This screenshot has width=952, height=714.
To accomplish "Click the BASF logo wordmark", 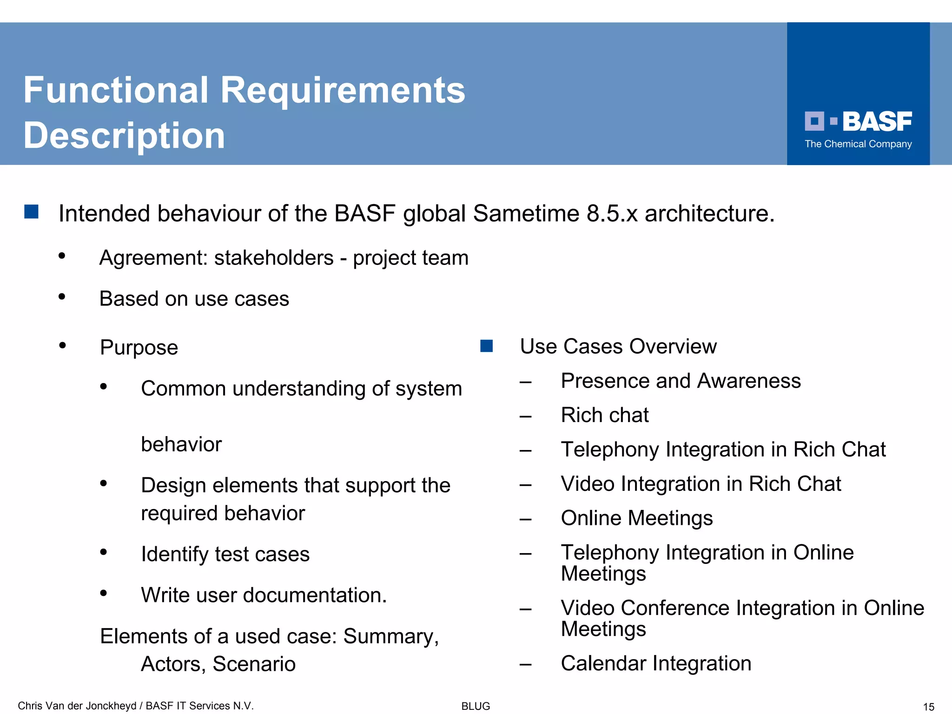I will (877, 122).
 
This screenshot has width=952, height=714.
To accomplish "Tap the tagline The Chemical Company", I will (858, 144).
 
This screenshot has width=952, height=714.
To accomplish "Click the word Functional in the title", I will (116, 90).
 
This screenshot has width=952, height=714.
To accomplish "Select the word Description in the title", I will (124, 136).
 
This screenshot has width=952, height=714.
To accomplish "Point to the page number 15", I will (928, 707).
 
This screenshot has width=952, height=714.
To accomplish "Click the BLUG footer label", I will (476, 706).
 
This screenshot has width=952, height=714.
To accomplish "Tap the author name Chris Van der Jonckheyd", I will (77, 706).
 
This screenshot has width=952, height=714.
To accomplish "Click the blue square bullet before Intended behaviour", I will (31, 212).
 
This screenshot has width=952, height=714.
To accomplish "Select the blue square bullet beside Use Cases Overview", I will (486, 346).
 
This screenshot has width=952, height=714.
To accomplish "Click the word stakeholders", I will (274, 258).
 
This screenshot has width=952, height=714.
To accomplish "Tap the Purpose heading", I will (139, 348).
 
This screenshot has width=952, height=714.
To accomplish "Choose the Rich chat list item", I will (604, 415).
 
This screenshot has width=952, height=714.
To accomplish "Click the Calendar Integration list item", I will (655, 663).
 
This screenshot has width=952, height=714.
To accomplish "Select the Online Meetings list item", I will (636, 518).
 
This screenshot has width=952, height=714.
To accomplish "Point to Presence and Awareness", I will (681, 381).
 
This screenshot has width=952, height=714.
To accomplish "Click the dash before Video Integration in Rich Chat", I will (525, 485).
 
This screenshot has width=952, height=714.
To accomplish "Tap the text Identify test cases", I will (225, 554).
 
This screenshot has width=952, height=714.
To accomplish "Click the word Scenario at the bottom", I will (254, 664).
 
